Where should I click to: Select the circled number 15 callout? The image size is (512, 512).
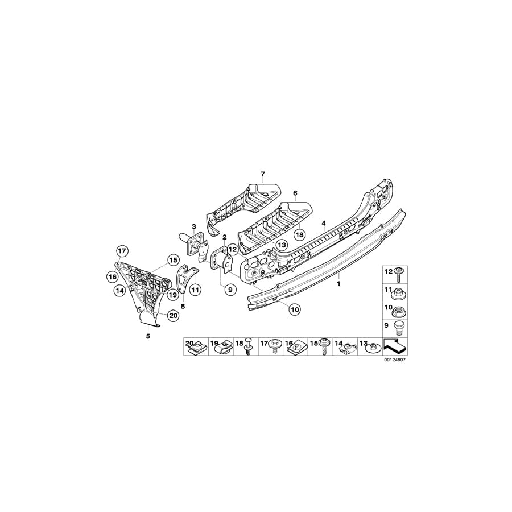(172, 261)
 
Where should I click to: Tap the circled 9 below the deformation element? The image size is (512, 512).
(230, 290)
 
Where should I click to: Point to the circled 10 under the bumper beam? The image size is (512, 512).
(294, 309)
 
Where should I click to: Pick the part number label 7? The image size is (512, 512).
(263, 173)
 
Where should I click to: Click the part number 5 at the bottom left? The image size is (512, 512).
(148, 336)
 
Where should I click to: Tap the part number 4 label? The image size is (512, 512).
(323, 223)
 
